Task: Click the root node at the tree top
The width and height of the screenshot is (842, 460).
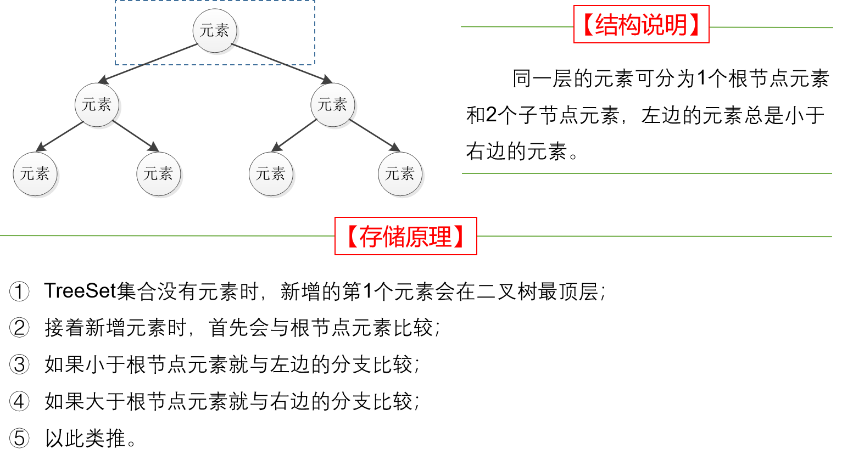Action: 215,31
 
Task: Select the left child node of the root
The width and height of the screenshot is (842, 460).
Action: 97,104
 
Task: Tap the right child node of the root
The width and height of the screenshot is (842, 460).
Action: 332,104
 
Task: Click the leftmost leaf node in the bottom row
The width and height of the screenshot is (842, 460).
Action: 35,174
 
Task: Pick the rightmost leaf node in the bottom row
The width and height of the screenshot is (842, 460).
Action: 400,174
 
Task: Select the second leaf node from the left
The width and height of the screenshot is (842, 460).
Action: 158,174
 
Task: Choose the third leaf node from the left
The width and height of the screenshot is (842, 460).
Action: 271,174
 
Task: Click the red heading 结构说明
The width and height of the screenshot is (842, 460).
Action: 641,25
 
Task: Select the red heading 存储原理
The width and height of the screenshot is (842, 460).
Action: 405,237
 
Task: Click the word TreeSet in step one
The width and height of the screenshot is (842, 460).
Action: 80,291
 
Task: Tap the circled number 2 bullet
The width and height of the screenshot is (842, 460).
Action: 19,328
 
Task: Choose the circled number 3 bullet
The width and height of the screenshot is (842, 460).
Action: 19,364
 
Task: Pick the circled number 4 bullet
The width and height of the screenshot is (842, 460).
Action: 19,401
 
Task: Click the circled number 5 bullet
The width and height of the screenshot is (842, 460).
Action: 19,438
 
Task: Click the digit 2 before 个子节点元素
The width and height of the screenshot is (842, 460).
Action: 491,115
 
